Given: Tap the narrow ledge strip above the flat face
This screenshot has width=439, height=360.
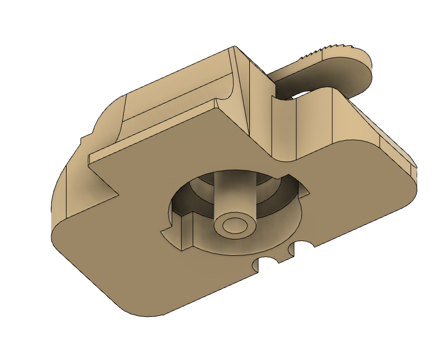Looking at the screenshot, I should [153, 131].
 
